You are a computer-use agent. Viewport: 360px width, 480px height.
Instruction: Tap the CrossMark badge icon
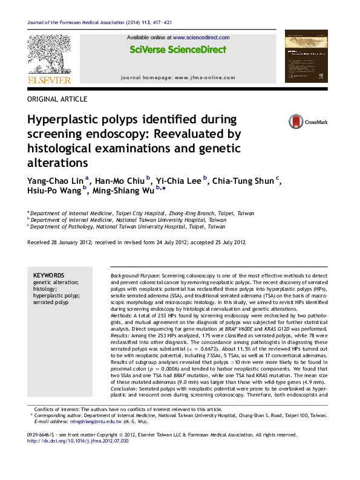(296, 122)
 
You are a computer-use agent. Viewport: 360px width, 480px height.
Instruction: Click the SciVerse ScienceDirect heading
(178, 50)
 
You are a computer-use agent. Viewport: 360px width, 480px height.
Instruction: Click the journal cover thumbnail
(306, 57)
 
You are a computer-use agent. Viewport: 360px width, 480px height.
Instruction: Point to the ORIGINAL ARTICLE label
(57, 99)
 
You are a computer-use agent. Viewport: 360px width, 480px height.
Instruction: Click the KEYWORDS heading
(48, 275)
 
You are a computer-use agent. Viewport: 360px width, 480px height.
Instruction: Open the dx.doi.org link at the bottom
(78, 441)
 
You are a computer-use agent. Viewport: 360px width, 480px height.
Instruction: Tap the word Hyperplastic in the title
(62, 119)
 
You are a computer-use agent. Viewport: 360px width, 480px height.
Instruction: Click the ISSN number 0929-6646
(41, 435)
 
